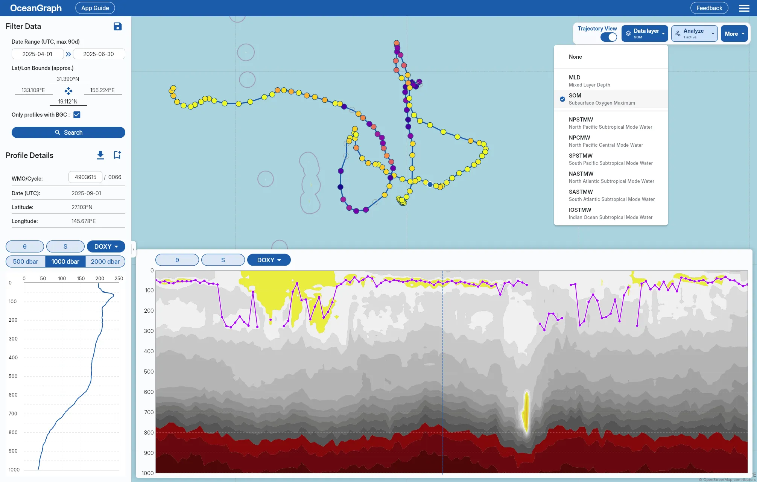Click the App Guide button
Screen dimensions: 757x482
pyautogui.click(x=95, y=8)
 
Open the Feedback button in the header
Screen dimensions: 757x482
pyautogui.click(x=709, y=8)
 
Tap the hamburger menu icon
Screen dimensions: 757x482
pyautogui.click(x=744, y=8)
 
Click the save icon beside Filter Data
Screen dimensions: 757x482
pyautogui.click(x=118, y=26)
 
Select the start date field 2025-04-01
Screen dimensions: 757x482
pyautogui.click(x=38, y=54)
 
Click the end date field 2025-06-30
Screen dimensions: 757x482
pyautogui.click(x=99, y=54)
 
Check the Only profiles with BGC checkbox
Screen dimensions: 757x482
pyautogui.click(x=77, y=115)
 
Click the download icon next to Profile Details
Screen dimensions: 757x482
pyautogui.click(x=100, y=155)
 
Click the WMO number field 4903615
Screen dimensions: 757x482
pyautogui.click(x=85, y=177)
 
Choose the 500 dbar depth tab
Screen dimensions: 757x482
pyautogui.click(x=26, y=262)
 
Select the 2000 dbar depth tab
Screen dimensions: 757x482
pyautogui.click(x=105, y=262)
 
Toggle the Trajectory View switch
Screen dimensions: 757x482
pyautogui.click(x=608, y=37)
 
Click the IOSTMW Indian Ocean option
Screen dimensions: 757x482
pyautogui.click(x=611, y=213)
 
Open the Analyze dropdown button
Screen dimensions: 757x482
pyautogui.click(x=694, y=33)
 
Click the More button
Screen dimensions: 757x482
pyautogui.click(x=734, y=33)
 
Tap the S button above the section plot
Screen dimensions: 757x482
pyautogui.click(x=223, y=260)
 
